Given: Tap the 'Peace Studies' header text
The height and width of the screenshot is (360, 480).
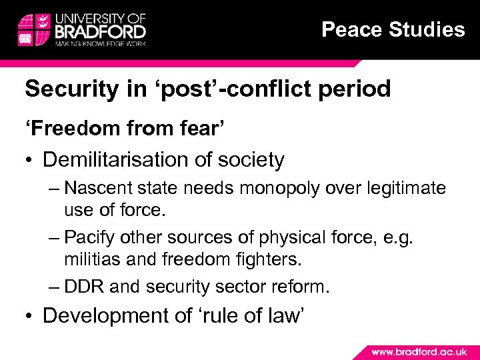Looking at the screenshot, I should pos(393,29).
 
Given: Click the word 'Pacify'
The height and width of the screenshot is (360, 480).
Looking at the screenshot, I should pos(92,238).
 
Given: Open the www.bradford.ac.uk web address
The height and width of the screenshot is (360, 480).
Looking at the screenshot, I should pos(417,351).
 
